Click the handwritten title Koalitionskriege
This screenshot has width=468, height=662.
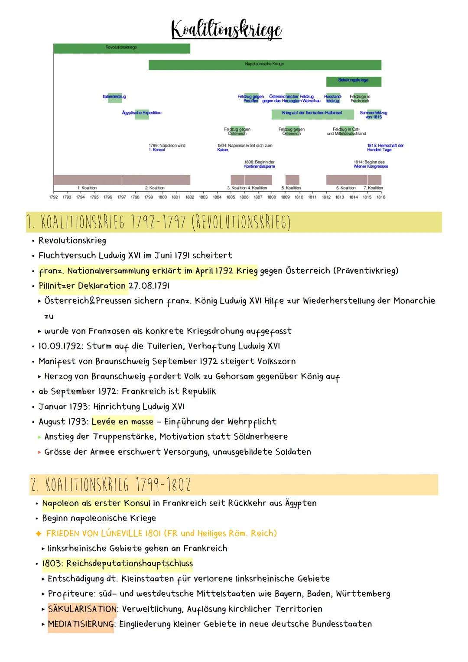tap(227, 29)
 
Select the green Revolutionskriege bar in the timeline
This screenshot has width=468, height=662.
tap(121, 48)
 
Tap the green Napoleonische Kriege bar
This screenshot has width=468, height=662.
tap(264, 65)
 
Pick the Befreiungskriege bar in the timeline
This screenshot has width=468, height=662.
tap(353, 81)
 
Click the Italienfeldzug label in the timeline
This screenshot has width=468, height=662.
tap(114, 97)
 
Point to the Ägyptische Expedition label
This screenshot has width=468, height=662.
tap(142, 113)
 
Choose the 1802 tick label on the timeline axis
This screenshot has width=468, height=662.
tap(190, 197)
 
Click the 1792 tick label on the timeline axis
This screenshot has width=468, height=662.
tap(53, 197)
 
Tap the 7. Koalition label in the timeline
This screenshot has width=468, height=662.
tap(373, 188)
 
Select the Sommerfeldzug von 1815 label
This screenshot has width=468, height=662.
tap(374, 115)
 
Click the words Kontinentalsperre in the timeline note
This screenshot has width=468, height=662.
tap(259, 166)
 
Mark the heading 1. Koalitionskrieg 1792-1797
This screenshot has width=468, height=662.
tap(158, 222)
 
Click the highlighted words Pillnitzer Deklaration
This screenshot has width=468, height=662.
tap(82, 286)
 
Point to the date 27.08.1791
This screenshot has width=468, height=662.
tap(149, 286)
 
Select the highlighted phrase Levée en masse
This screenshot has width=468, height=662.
tap(123, 421)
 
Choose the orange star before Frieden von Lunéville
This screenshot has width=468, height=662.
tap(39, 533)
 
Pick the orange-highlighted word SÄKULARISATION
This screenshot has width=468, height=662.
tap(82, 609)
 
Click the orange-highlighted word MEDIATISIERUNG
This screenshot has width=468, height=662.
tap(81, 624)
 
